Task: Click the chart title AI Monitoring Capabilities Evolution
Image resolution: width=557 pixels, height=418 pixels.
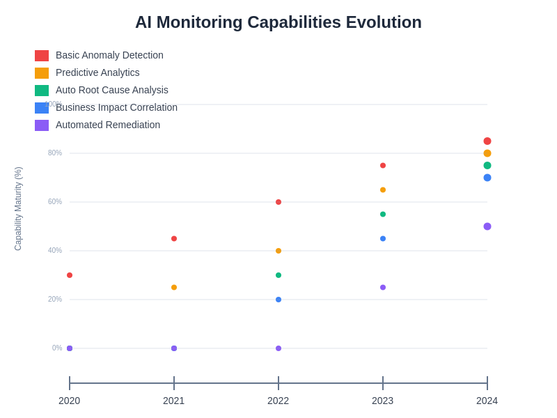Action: [278, 22]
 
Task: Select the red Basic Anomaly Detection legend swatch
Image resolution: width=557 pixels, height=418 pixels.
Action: [42, 56]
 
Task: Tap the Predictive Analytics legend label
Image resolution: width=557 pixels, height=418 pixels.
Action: [97, 72]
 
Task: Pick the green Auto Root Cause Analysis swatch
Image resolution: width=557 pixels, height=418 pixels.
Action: [42, 91]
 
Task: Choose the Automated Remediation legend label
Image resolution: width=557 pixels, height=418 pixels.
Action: [108, 125]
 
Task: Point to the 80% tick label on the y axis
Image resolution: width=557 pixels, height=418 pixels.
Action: [55, 153]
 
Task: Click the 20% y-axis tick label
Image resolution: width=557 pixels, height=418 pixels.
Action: [55, 300]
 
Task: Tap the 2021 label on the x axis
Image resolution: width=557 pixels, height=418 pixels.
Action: [174, 401]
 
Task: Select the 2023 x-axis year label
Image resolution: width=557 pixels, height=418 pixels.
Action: [383, 401]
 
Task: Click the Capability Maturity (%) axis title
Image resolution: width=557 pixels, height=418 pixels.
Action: [18, 209]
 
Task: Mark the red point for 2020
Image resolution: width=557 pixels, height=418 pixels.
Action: [70, 275]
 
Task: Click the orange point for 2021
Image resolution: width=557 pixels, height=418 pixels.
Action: [174, 287]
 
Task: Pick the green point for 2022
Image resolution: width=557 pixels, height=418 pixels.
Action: [278, 275]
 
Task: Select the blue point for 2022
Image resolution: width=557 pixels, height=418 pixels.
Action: [278, 300]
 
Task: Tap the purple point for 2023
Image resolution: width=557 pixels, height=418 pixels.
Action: [383, 287]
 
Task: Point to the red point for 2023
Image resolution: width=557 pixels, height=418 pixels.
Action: [383, 165]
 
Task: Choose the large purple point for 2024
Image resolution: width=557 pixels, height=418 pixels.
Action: [487, 226]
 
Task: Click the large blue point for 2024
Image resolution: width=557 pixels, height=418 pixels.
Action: [487, 178]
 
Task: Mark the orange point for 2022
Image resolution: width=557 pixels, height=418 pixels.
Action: [278, 251]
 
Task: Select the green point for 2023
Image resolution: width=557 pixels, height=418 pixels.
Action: [383, 214]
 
